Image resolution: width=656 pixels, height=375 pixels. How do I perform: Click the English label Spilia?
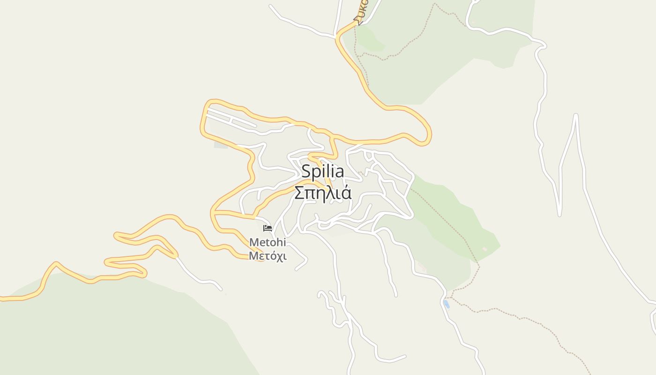point(322,172)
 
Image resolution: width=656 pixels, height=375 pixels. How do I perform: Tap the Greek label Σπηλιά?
point(322,193)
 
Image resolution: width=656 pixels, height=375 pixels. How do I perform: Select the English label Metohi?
point(267,243)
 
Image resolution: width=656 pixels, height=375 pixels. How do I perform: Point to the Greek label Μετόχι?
point(267,256)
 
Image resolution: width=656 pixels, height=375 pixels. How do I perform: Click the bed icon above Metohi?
point(268,228)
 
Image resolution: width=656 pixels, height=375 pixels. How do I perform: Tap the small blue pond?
point(446,304)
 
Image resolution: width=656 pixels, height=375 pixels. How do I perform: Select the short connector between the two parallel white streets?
point(231,121)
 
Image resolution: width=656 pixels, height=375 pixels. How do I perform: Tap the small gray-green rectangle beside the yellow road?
point(221,144)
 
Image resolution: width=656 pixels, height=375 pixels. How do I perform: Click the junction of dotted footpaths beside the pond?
point(451,297)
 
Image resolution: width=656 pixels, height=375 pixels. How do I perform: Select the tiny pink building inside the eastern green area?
point(485,249)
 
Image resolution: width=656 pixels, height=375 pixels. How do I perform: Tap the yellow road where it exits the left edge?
point(2,298)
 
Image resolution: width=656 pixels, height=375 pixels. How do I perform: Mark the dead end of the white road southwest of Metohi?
point(221,289)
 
